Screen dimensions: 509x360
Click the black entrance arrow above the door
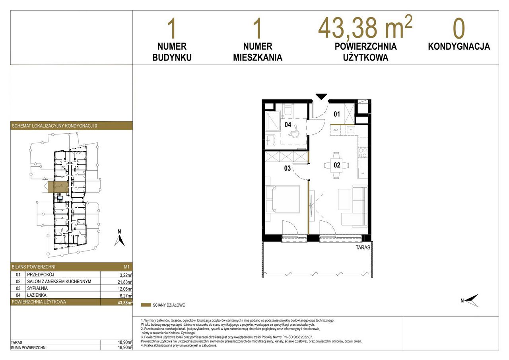[321, 96]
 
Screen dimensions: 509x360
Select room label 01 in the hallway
[337, 114]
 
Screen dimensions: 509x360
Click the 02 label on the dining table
[337, 165]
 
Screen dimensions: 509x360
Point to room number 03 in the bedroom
[287, 168]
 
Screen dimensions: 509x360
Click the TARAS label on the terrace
[363, 247]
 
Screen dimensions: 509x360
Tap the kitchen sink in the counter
[351, 130]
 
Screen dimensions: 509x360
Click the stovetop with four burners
[363, 152]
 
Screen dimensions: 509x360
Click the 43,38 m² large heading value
[365, 28]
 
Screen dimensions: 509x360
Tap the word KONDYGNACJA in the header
[459, 47]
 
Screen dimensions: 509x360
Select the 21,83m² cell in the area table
[125, 282]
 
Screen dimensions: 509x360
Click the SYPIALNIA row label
[37, 288]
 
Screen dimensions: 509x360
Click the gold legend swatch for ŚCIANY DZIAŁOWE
[146, 305]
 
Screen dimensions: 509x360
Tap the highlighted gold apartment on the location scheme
[58, 187]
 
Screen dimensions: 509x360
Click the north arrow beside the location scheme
[119, 241]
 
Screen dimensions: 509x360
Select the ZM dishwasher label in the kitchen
[335, 130]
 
